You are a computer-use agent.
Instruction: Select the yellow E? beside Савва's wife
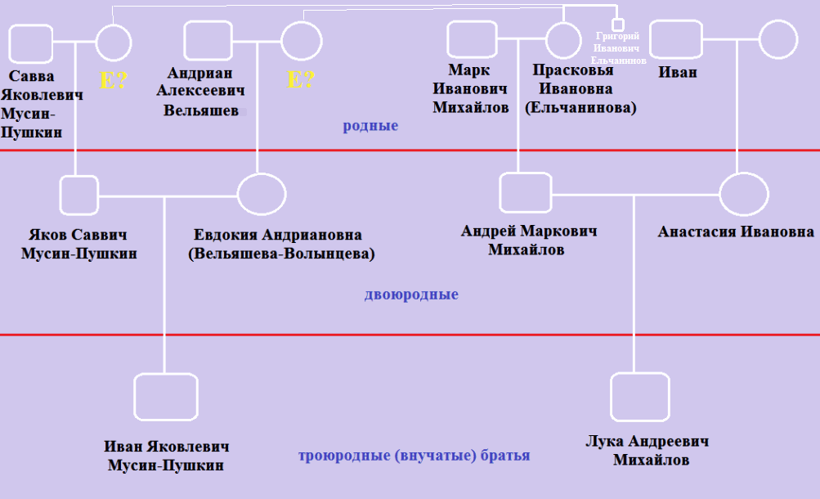113,80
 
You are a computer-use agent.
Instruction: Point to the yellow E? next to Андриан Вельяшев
301,79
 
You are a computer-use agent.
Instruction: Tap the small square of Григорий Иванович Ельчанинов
618,25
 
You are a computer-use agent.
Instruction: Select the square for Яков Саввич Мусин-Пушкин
78,195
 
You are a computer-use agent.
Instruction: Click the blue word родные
370,126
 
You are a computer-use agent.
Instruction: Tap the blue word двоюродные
411,294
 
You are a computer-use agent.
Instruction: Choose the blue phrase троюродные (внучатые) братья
414,456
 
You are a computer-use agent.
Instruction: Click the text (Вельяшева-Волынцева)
280,254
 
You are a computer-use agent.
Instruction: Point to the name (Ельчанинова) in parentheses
581,106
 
